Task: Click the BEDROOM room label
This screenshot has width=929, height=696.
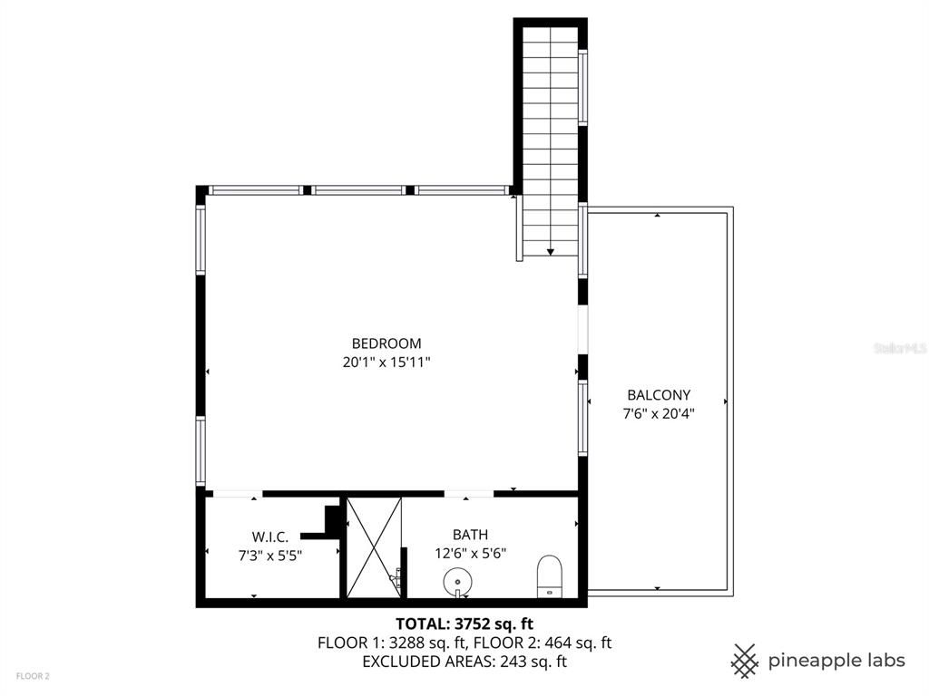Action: (x=386, y=343)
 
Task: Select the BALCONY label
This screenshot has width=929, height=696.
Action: (x=659, y=395)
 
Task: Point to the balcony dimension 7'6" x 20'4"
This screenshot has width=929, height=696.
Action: (x=659, y=413)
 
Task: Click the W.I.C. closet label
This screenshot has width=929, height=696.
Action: (x=269, y=536)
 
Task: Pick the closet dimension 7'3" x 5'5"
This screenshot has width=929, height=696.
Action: (x=269, y=555)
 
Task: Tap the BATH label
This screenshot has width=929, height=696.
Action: (x=470, y=536)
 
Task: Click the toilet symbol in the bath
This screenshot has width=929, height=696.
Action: (x=550, y=575)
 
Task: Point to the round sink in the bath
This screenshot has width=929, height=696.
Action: (x=457, y=579)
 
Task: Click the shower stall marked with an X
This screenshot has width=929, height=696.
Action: (x=374, y=546)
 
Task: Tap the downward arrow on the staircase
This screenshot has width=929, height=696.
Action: (x=551, y=250)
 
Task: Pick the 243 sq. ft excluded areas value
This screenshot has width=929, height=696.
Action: (x=532, y=662)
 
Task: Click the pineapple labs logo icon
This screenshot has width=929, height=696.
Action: (x=745, y=660)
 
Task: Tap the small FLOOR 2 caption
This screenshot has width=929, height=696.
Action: (x=32, y=676)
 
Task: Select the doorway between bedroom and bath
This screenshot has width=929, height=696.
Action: (x=468, y=494)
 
